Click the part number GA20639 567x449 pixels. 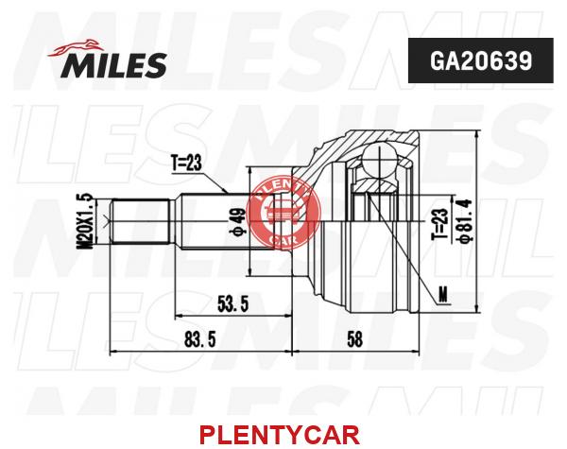[481, 60]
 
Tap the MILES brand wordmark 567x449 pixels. [115, 65]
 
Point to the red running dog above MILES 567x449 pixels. [76, 48]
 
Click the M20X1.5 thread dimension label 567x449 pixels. [85, 221]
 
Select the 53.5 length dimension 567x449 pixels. [233, 303]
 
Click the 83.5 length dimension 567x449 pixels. [200, 339]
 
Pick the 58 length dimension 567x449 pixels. [354, 339]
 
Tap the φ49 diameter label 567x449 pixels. [238, 221]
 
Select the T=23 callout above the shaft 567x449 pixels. [186, 164]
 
